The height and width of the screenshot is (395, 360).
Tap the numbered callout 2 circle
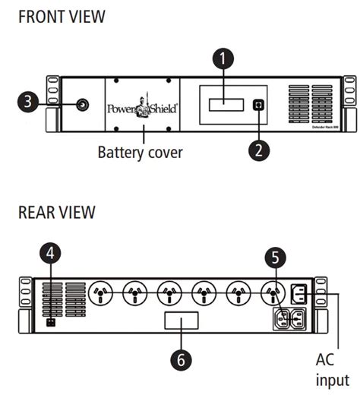click(x=258, y=148)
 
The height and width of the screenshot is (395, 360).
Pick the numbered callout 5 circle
click(x=275, y=258)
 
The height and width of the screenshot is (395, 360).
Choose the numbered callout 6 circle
click(x=180, y=359)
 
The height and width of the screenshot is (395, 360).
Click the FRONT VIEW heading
click(x=62, y=17)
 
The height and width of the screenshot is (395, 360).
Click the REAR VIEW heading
click(x=57, y=212)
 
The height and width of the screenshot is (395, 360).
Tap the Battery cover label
click(x=140, y=152)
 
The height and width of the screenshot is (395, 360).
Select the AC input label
click(x=333, y=368)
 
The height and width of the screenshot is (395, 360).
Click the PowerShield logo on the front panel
click(x=141, y=107)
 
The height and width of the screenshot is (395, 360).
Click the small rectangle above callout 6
click(x=182, y=321)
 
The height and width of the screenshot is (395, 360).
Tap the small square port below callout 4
click(x=51, y=321)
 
